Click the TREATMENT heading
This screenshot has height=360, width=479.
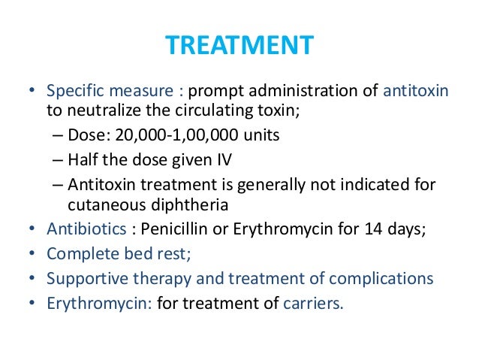[239, 45]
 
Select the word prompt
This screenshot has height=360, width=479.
[213, 92]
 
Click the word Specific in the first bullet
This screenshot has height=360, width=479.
[73, 92]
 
